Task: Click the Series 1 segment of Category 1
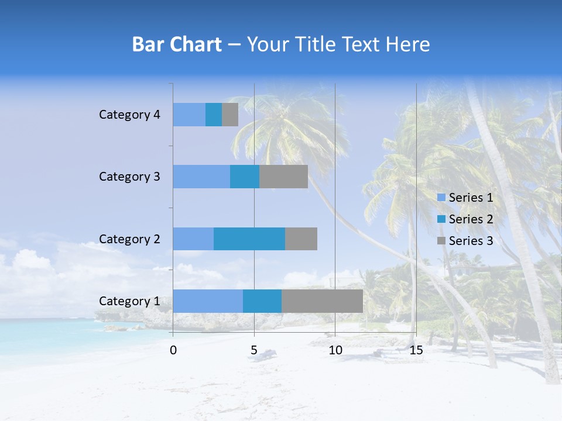tap(208, 301)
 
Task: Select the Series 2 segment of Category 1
tap(262, 301)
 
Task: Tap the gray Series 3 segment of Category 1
tap(322, 301)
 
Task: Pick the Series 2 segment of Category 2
tap(249, 239)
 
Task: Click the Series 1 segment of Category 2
tap(193, 239)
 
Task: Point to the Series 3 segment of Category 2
tap(301, 239)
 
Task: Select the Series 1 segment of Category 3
tap(201, 177)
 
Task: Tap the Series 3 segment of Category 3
tap(283, 177)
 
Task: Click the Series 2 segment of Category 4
tap(214, 115)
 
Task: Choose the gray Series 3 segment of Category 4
tap(230, 115)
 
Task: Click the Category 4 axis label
tap(129, 115)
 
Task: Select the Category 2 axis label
tap(129, 239)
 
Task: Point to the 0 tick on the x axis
tap(173, 350)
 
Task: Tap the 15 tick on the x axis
tap(416, 350)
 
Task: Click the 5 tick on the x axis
tap(254, 350)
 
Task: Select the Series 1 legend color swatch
tap(441, 198)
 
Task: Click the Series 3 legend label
tap(471, 241)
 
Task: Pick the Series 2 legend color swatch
tap(441, 219)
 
